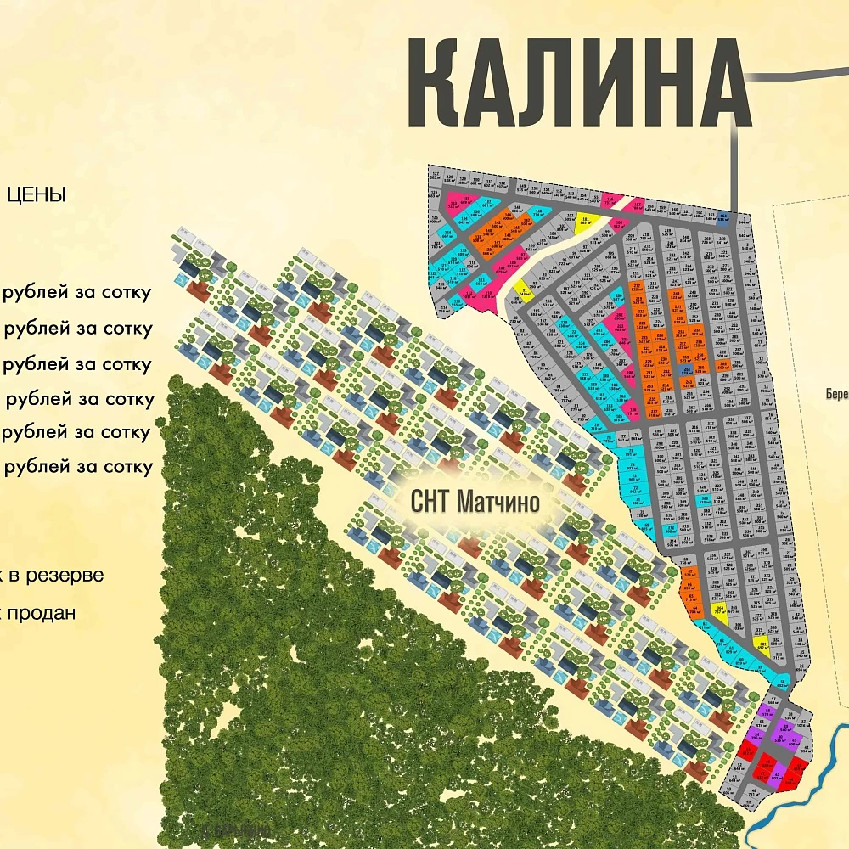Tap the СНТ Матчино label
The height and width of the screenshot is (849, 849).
coord(475,502)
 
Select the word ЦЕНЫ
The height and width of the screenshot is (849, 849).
coord(36,194)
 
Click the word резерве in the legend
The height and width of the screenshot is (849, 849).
coord(65,575)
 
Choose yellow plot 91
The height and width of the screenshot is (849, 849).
coord(526,293)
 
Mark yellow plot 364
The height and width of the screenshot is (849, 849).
coord(720,608)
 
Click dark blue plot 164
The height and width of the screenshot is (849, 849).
coord(723,216)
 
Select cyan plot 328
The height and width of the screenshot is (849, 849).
coord(703,501)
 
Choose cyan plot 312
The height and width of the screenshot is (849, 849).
coord(671,529)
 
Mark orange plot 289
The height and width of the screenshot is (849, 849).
coord(723,365)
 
